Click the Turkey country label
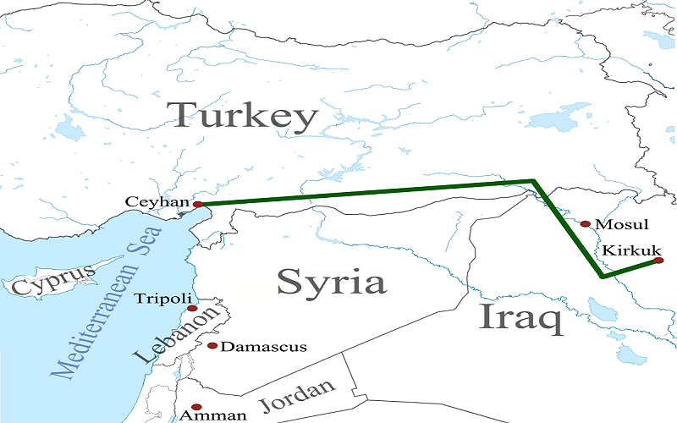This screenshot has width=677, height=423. click(x=243, y=116)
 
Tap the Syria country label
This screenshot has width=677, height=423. click(x=331, y=282)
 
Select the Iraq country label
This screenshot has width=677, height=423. click(x=520, y=317)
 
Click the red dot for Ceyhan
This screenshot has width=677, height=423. click(x=196, y=204)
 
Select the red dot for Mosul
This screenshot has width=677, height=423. click(x=585, y=224)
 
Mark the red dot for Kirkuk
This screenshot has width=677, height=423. click(x=658, y=261)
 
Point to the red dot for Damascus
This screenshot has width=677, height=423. click(x=212, y=346)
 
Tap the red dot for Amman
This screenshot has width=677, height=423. click(x=196, y=407)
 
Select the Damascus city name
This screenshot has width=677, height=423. click(x=251, y=347)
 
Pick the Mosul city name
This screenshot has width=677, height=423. click(x=621, y=225)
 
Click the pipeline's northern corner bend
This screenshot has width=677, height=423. click(x=532, y=180)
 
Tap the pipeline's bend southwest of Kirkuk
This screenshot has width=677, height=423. click(x=601, y=276)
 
